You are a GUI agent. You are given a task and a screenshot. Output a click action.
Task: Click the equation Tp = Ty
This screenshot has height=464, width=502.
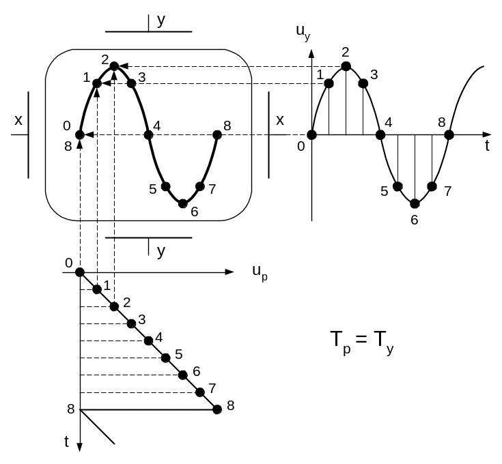click(362, 342)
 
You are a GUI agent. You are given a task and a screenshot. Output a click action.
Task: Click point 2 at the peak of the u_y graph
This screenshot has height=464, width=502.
click(346, 66)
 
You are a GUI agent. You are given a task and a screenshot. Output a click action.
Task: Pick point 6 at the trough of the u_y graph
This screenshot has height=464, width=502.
click(415, 203)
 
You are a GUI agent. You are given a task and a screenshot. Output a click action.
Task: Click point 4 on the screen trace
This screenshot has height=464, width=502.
click(148, 134)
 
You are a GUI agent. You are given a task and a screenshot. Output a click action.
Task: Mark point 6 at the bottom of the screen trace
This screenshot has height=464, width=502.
click(182, 203)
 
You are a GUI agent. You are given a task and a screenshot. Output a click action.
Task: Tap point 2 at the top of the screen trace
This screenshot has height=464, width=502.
click(114, 66)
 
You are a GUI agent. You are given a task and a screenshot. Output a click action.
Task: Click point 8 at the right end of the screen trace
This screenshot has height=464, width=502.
click(217, 134)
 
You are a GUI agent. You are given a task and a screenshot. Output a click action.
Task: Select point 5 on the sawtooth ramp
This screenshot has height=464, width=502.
click(165, 358)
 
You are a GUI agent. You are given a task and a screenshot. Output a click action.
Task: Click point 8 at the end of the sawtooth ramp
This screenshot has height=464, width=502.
click(217, 409)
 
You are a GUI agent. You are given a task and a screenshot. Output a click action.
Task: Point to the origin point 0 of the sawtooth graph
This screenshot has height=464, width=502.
click(80, 272)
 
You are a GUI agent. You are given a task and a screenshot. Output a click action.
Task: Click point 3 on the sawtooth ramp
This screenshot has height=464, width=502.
click(131, 323)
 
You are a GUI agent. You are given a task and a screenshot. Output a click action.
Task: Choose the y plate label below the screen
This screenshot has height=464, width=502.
click(161, 251)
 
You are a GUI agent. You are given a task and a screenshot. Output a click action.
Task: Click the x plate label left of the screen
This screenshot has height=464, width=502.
click(18, 120)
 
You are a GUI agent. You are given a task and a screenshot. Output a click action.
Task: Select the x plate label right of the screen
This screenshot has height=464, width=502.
click(279, 120)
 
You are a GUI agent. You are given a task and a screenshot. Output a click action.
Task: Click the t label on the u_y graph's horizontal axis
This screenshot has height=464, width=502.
click(486, 145)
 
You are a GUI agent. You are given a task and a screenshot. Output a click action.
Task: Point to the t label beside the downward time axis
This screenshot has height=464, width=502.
click(67, 441)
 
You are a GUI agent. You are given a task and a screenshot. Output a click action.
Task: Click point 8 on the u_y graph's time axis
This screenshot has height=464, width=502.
click(449, 134)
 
